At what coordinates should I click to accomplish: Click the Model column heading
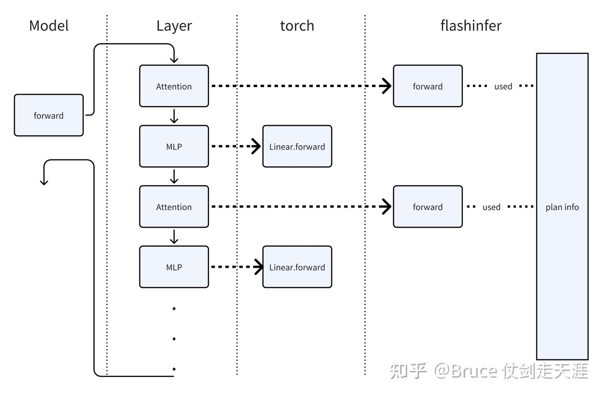[x=49, y=26]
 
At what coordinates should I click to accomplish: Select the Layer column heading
[x=174, y=26]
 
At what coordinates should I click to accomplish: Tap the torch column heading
[x=297, y=26]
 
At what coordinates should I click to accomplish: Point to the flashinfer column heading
[x=471, y=26]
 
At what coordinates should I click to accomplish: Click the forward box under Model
[x=49, y=115]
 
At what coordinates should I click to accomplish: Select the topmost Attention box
[x=174, y=86]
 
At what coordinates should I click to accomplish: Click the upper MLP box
[x=174, y=146]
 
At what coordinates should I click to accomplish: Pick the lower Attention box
[x=174, y=207]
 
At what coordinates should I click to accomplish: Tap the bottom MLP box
[x=174, y=267]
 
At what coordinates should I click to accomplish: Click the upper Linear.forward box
[x=297, y=146]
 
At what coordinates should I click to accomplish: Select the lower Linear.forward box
[x=297, y=267]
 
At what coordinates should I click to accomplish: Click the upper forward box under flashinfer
[x=428, y=86]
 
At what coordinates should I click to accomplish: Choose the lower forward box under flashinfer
[x=428, y=207]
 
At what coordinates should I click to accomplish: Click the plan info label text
[x=562, y=207]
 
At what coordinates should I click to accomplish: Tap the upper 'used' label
[x=503, y=86]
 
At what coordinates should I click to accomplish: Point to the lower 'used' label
[x=491, y=207]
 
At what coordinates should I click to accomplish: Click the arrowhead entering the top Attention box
[x=174, y=60]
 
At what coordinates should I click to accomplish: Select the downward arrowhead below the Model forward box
[x=44, y=182]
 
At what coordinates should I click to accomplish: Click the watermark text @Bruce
[x=466, y=371]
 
